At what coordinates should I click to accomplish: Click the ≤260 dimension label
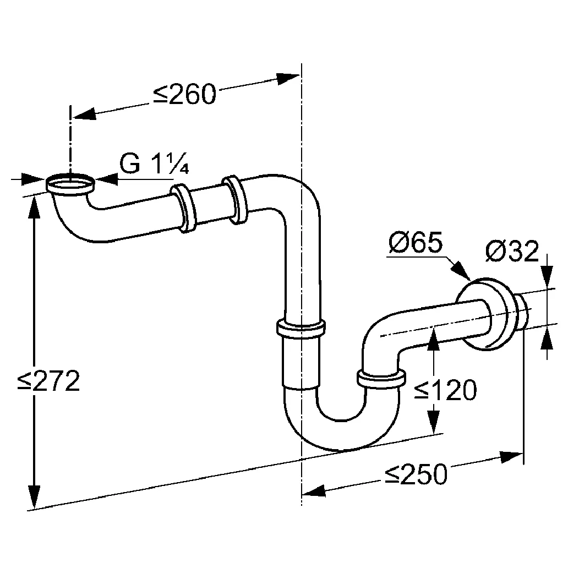[184, 95]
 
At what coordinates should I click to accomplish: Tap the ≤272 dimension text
[48, 381]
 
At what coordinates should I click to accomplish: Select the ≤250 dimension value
[416, 474]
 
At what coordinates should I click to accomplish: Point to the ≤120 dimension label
[445, 390]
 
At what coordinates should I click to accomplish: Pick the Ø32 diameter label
[511, 252]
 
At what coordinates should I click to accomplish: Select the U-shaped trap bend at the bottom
[341, 429]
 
